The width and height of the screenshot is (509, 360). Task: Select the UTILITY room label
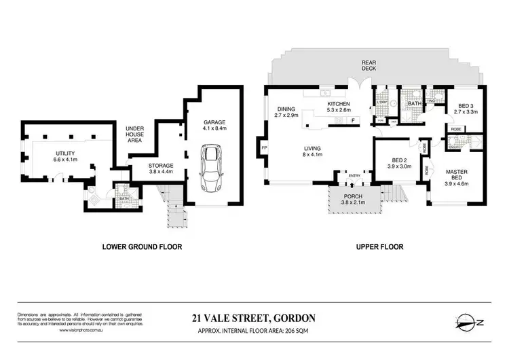tap(67, 154)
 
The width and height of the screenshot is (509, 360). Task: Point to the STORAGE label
tap(162, 165)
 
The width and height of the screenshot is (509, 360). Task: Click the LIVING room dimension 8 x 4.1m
tap(312, 155)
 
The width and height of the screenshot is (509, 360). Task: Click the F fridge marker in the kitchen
tap(353, 121)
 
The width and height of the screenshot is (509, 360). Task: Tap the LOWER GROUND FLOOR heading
tap(141, 247)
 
